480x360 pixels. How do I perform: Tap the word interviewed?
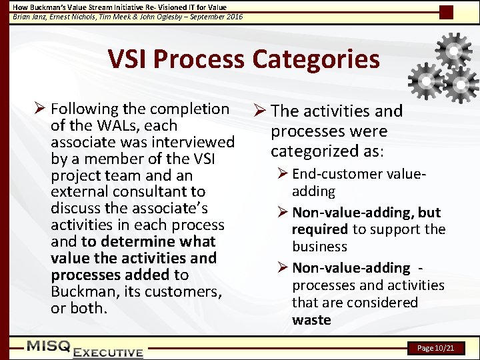tap(193, 142)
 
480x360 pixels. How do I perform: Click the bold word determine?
tap(133, 241)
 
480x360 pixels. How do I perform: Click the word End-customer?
tap(333, 174)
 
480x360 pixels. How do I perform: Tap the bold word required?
tap(320, 229)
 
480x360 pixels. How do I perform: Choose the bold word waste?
tap(311, 319)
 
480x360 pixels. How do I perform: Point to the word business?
tap(319, 247)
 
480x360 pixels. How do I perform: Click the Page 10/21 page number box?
tap(436, 348)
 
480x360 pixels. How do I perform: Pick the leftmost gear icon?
tap(425, 81)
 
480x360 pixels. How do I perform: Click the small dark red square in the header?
tap(447, 12)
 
